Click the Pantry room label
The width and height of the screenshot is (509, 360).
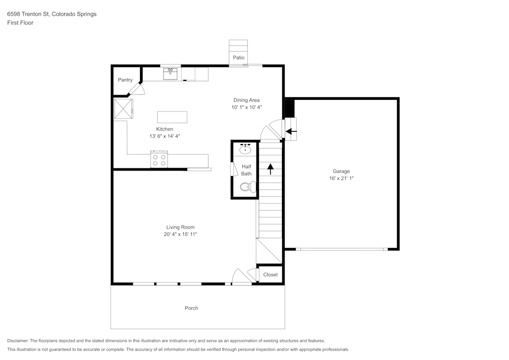tap(125, 80)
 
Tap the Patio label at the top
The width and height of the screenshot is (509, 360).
tap(239, 58)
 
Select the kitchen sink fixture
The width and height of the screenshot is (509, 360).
tap(171, 73)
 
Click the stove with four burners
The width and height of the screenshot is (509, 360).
tap(159, 160)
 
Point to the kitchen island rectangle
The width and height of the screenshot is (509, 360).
tap(172, 117)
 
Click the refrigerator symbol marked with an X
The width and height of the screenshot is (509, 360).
tap(123, 108)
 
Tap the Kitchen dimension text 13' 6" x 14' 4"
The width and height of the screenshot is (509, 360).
tap(164, 136)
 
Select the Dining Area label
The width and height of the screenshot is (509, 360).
tap(246, 100)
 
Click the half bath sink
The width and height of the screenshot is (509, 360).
tap(246, 149)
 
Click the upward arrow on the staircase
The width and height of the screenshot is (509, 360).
tap(270, 169)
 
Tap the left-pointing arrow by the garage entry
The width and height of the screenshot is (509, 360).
tap(291, 131)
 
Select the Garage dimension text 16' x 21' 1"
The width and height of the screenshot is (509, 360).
tap(341, 178)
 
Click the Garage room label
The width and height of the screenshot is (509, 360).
tap(341, 171)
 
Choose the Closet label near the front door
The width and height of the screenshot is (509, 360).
tap(270, 274)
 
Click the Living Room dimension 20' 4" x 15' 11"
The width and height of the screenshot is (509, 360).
tap(180, 234)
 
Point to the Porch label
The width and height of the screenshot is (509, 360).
tap(191, 308)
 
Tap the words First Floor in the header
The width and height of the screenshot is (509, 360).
tap(20, 23)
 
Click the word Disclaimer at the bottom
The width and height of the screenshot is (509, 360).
tap(18, 341)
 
